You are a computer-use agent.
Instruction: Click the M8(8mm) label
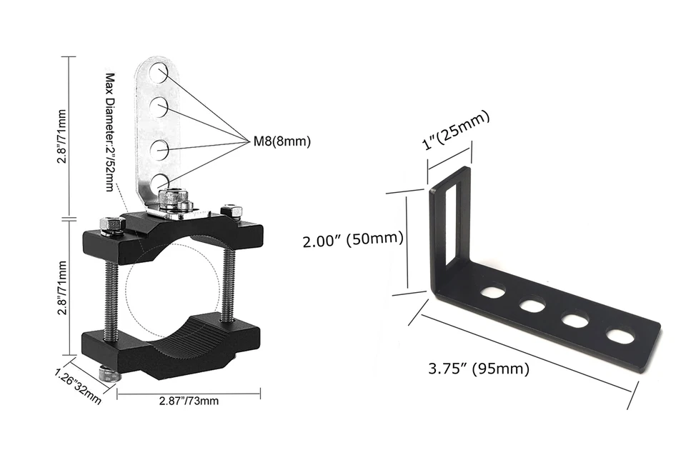[x=282, y=141]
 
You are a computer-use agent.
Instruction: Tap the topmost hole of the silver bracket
[x=159, y=72]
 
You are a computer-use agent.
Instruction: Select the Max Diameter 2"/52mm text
[x=110, y=131]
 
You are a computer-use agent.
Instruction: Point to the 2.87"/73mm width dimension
[x=189, y=400]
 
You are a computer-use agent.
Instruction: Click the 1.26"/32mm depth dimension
[x=79, y=386]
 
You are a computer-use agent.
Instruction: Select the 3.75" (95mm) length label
[x=479, y=369]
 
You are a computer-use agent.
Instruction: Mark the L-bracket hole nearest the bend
[x=492, y=292]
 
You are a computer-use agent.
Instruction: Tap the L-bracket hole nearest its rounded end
[x=620, y=334]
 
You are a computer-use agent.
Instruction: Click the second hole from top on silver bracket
[x=159, y=108]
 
